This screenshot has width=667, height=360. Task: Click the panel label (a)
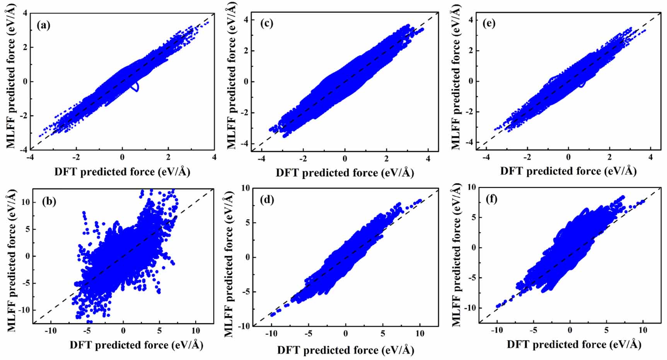pos(43,26)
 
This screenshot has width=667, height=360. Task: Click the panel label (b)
pos(49,201)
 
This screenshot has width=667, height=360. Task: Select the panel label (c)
pos(266,23)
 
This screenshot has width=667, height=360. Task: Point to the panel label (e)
pos(489,23)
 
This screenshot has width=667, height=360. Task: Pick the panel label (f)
pos(491,200)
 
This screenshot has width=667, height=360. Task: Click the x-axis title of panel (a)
pos(122,172)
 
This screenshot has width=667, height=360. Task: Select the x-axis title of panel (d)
pos(345,350)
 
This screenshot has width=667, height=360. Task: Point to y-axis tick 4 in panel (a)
pos(26,14)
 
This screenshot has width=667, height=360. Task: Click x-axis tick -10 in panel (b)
pos(50,331)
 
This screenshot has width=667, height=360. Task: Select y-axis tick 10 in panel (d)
pos(245,188)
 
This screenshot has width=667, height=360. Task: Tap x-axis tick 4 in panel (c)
pos(428,159)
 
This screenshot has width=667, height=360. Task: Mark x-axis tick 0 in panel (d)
pos(345,334)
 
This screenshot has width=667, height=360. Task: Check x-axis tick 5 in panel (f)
pos(606,331)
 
